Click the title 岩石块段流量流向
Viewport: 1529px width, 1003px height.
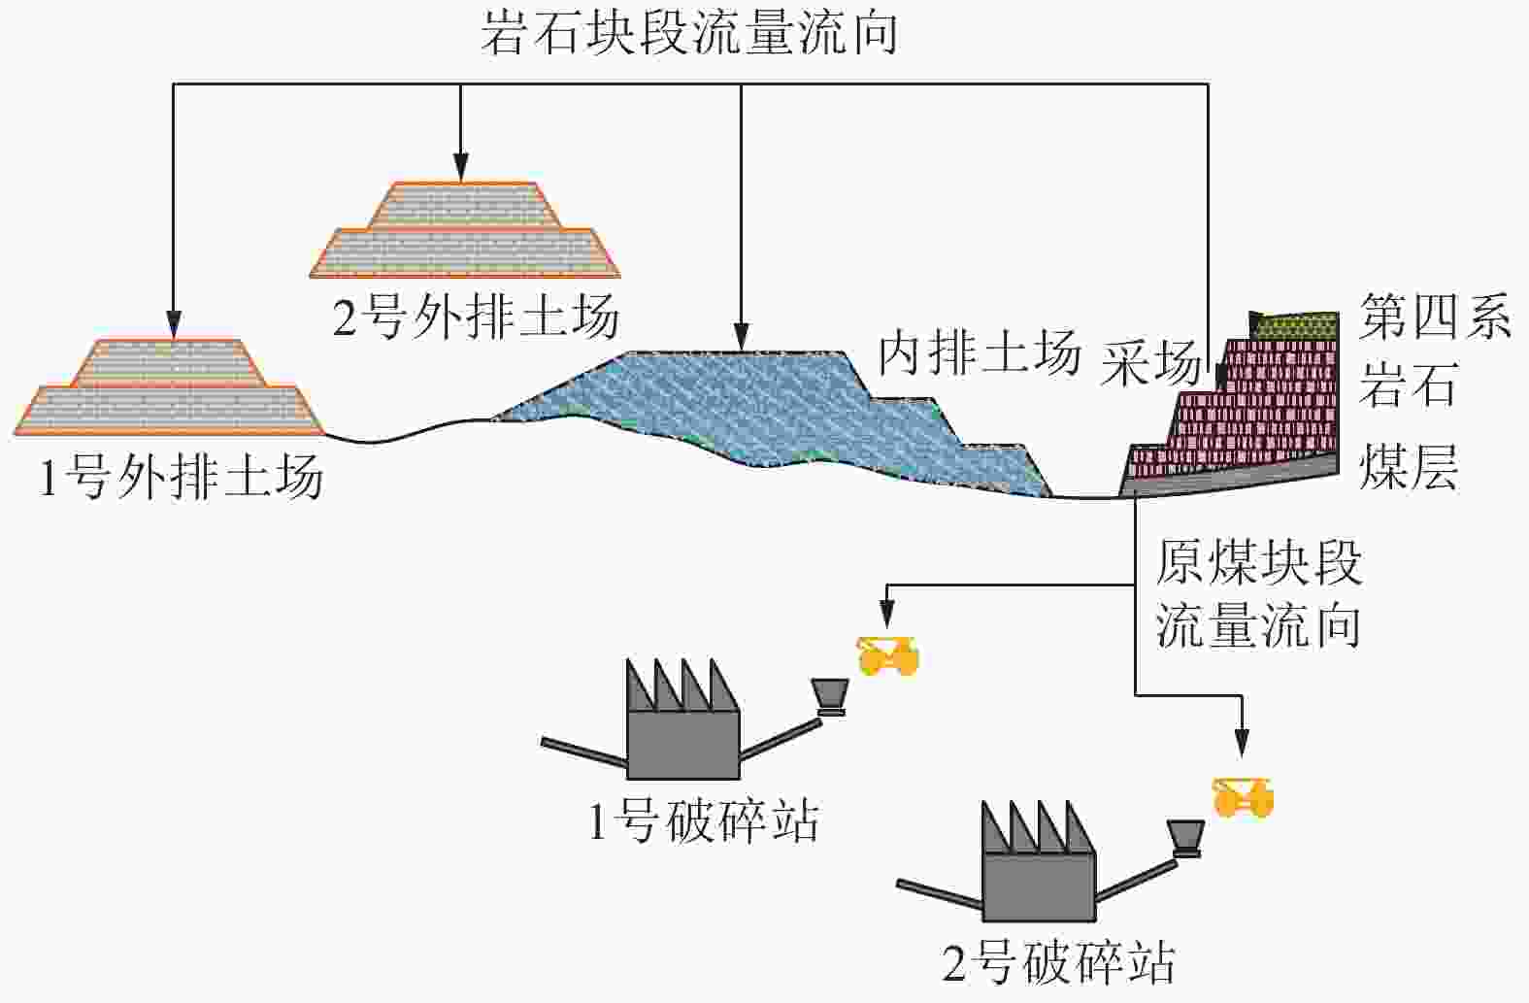click(x=688, y=34)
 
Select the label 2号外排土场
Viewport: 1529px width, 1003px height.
click(x=476, y=317)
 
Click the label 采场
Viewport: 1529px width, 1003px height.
click(x=1151, y=364)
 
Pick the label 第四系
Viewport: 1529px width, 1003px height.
click(x=1434, y=317)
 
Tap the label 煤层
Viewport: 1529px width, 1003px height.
click(x=1408, y=468)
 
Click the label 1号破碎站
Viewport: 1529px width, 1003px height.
click(x=704, y=821)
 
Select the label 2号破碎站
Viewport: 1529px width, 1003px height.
click(x=1059, y=961)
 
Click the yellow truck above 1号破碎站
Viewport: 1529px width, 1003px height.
click(x=887, y=656)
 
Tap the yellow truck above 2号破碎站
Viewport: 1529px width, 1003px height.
click(x=1243, y=797)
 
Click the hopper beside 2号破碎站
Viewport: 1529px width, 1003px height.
click(x=1185, y=835)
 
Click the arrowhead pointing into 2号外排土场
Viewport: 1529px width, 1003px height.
click(x=461, y=172)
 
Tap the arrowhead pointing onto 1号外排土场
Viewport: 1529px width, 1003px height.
click(x=173, y=328)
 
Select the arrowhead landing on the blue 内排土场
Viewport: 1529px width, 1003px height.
click(x=741, y=339)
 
